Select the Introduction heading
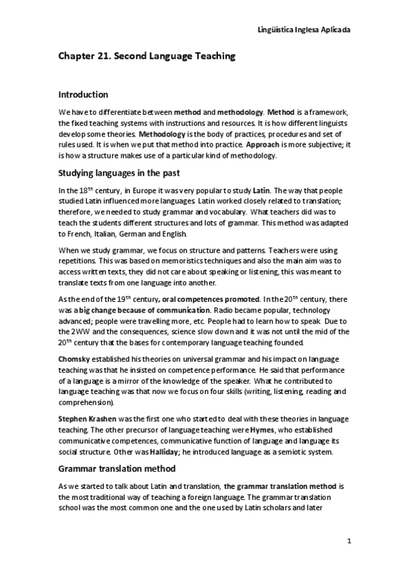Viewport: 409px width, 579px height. point(83,94)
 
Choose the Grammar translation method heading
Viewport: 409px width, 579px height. point(117,468)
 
